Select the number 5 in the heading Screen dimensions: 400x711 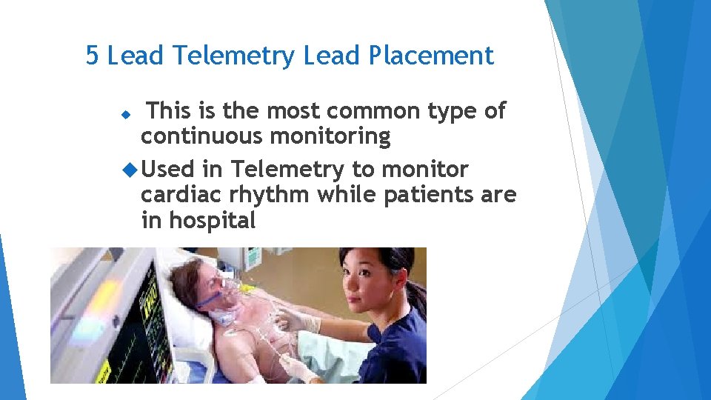92,56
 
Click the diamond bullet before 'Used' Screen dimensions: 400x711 131,170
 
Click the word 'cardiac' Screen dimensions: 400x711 178,195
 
